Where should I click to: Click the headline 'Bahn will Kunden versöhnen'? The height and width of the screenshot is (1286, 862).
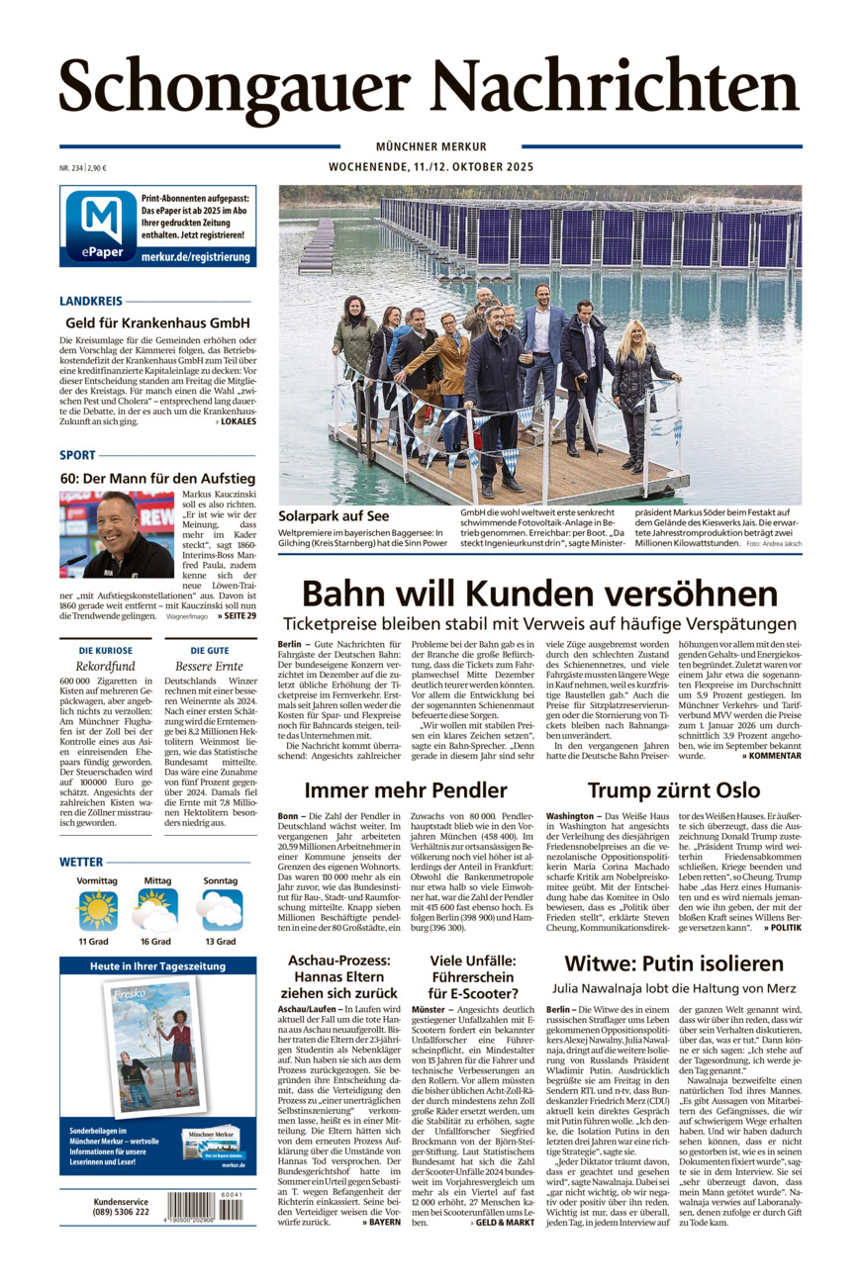pos(539,594)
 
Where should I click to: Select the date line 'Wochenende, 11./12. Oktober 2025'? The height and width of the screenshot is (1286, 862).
pos(431,167)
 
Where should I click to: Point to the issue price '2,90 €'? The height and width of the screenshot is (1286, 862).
pos(97,167)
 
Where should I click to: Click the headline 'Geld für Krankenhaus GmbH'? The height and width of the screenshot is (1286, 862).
pos(158,322)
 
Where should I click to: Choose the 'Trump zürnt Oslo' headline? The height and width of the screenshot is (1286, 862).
pos(673,789)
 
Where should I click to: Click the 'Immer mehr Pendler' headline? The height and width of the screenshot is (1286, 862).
pos(406,789)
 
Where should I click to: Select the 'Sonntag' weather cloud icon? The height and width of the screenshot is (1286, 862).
pos(220,910)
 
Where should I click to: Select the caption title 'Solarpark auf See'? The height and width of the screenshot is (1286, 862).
pos(334,515)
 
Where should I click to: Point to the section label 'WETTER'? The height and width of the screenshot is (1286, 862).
pos(81,862)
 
